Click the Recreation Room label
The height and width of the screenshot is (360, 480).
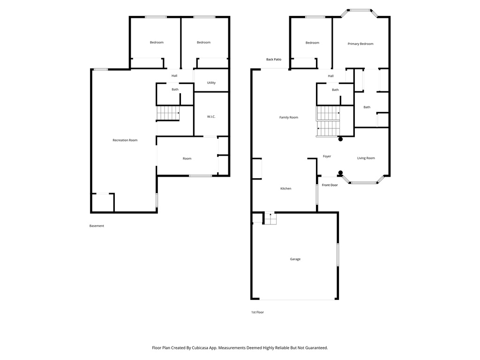coord(125,140)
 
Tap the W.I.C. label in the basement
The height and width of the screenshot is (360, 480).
coord(211,117)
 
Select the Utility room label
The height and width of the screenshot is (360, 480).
coord(211,83)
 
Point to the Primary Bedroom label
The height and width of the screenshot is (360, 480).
coord(360,44)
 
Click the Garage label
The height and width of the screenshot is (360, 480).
coord(295,259)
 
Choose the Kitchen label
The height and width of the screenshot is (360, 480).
coord(285,188)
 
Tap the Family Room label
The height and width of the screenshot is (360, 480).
coord(288,118)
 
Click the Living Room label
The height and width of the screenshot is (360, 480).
coord(366,158)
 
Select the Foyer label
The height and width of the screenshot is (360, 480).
coord(327,157)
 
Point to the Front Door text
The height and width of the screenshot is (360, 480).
coord(330,185)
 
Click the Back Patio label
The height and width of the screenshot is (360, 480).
coord(273,60)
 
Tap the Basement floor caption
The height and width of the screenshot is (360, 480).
coord(97,226)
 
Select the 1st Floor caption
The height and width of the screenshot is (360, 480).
coord(257,312)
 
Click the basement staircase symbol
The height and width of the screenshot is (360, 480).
coord(168,113)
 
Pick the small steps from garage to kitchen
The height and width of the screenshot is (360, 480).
coord(270,218)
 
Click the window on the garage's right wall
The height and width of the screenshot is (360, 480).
coord(337,255)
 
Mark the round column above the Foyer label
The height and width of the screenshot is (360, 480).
coord(340,139)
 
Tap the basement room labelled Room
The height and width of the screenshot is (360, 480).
coord(187,159)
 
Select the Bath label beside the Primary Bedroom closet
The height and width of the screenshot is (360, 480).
coord(367,107)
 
